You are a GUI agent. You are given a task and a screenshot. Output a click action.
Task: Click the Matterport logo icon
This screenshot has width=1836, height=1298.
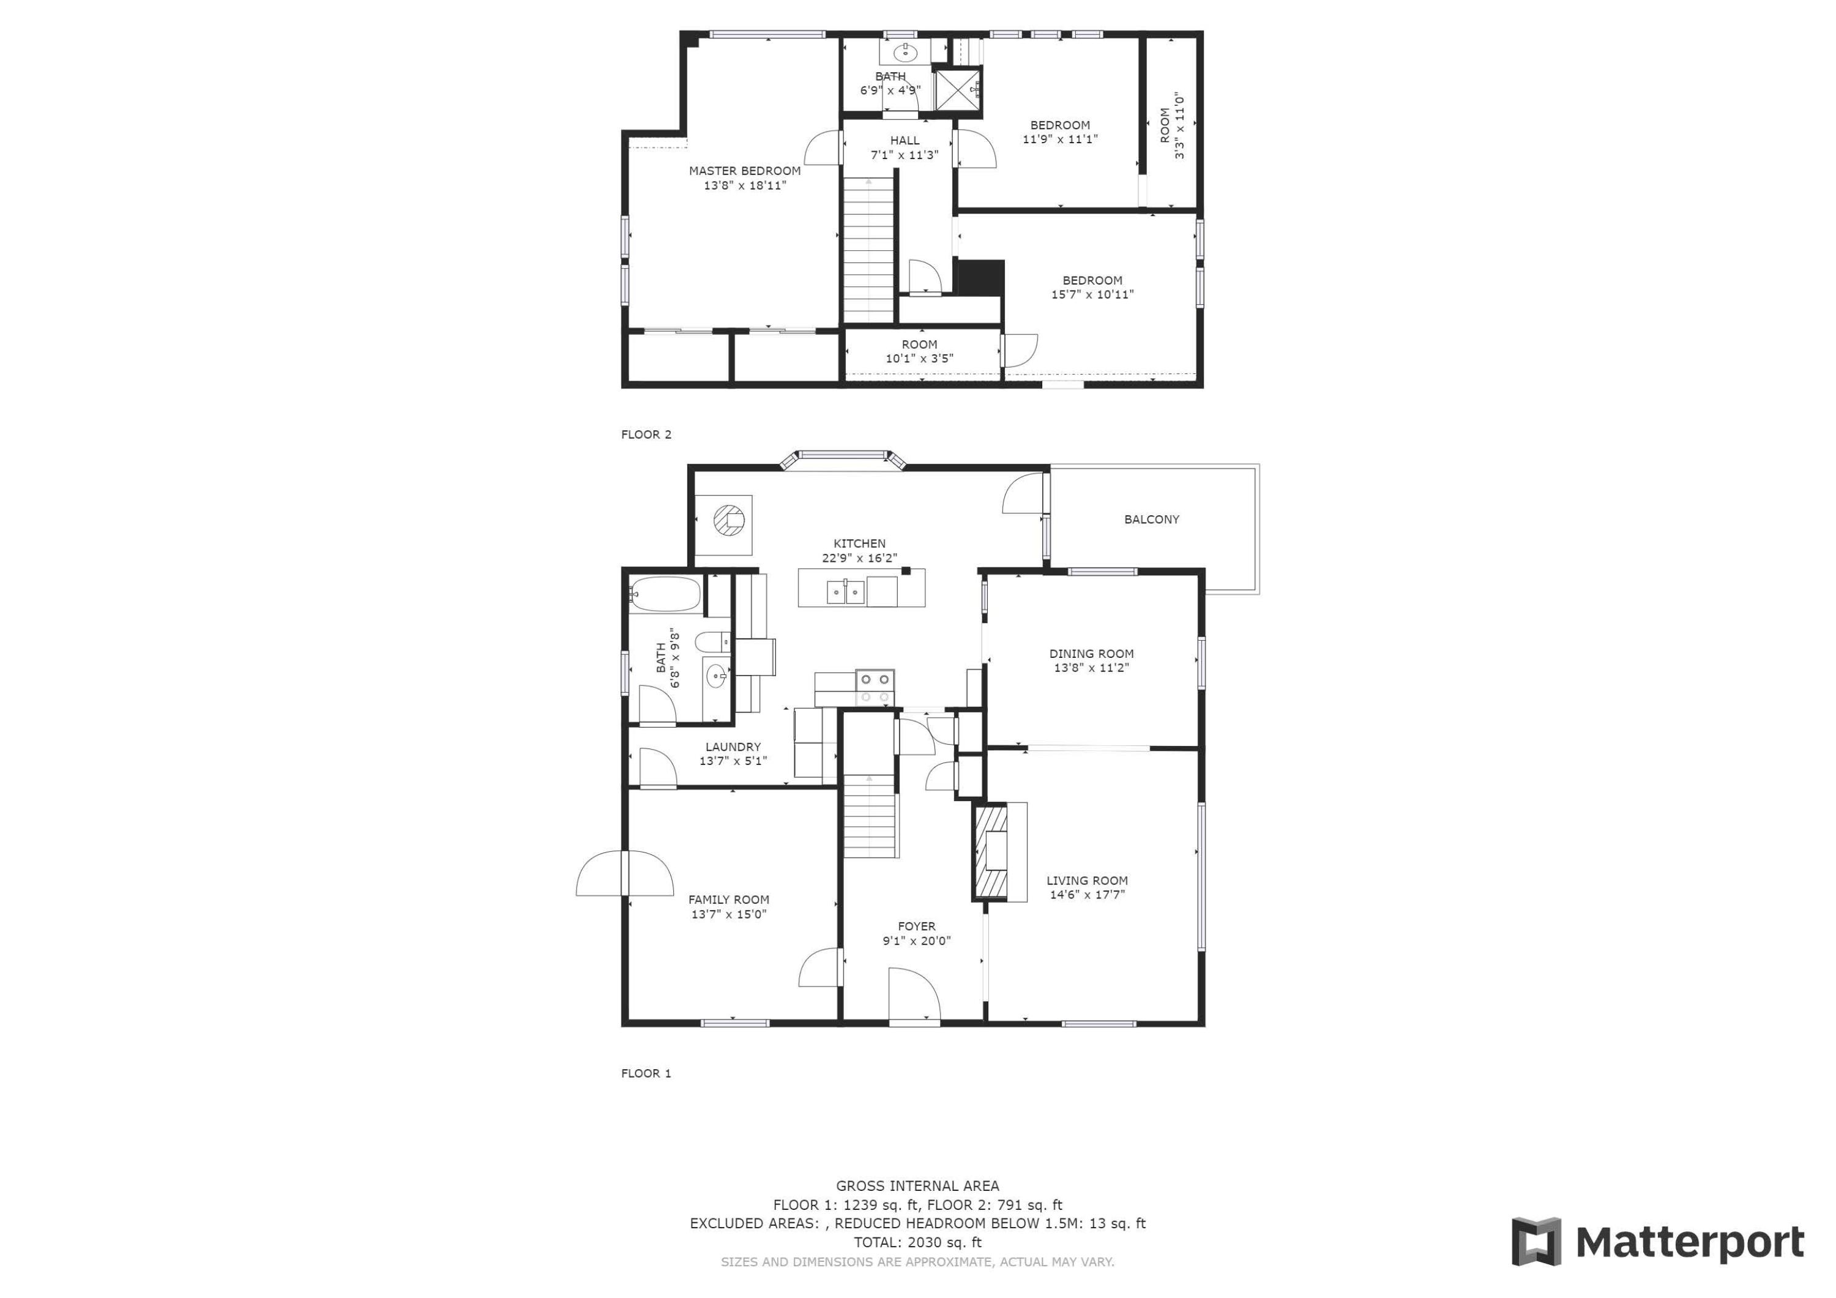point(1536,1241)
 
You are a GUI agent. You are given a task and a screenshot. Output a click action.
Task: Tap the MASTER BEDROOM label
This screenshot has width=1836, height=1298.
point(744,170)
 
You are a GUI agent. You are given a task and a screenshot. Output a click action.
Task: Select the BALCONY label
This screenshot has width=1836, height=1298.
point(1152,519)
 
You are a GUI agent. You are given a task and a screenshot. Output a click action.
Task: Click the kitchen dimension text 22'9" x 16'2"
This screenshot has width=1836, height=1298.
point(860,558)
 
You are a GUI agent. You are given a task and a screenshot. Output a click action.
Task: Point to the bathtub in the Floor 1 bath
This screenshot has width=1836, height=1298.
point(665,594)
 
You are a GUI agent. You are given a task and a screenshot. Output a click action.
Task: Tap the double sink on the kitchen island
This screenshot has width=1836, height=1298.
point(845,592)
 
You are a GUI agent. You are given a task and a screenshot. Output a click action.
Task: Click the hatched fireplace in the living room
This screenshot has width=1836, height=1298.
point(991,852)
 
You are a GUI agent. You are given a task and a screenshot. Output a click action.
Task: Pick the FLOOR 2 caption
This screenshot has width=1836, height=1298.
point(646,435)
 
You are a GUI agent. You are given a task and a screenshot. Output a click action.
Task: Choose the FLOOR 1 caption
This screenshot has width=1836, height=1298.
point(646,1073)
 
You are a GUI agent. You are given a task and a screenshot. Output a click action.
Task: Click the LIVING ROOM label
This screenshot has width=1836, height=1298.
point(1087,881)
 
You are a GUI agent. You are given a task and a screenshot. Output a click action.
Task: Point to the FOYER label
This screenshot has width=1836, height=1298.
point(916,926)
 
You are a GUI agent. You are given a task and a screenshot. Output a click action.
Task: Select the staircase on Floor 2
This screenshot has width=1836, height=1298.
point(868,250)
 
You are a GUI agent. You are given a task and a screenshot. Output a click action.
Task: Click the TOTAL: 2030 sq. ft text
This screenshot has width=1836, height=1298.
point(917,1242)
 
